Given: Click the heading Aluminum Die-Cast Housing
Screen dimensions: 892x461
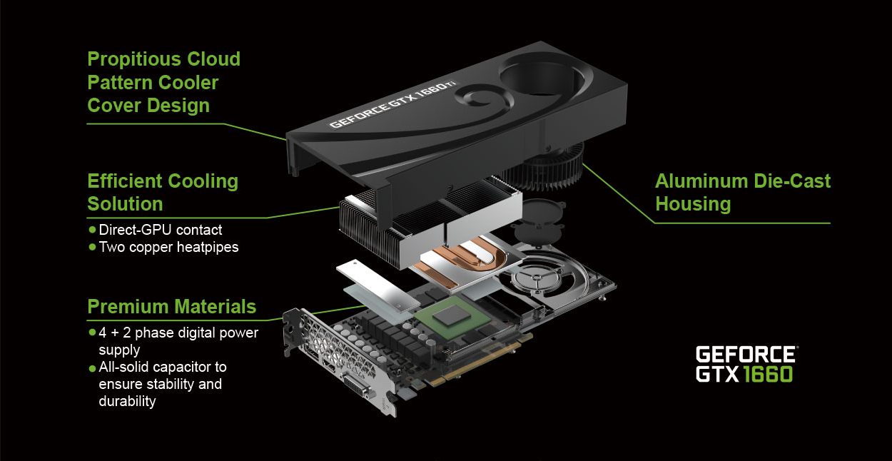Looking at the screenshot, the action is point(743,192).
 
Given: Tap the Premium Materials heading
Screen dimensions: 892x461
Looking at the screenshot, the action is point(172,307).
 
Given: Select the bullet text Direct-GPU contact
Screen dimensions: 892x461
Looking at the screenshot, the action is point(160,230).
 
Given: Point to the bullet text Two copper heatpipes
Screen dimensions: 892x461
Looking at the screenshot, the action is point(168,247).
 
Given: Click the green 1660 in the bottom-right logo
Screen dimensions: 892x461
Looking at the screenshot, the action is point(767,374).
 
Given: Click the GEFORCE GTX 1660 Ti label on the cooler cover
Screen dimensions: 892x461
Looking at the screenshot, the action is point(393,105).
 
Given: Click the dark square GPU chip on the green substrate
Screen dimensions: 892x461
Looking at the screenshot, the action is point(452,317).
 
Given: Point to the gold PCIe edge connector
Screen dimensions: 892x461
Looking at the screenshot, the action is point(478,363).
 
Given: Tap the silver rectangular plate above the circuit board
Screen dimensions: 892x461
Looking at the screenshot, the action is point(377,285).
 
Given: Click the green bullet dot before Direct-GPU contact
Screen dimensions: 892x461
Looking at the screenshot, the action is point(92,230).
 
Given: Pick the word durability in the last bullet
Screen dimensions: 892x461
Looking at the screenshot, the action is point(127,401).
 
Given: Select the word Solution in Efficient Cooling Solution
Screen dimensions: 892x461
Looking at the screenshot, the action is point(125,204).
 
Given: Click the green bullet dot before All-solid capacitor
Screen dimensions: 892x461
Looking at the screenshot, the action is point(92,368).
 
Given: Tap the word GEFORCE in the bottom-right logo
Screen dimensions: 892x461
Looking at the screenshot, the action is point(746,354).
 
